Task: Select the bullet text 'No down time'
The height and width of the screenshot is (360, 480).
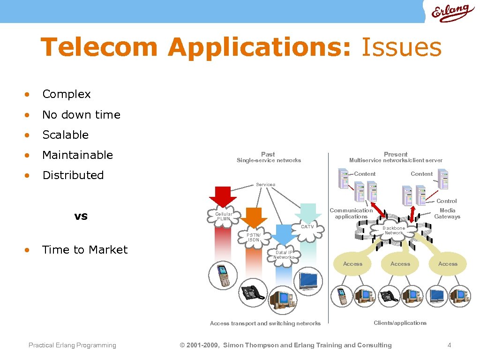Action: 81,115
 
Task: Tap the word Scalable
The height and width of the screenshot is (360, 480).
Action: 65,135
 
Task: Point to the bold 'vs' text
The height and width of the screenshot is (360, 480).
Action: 81,216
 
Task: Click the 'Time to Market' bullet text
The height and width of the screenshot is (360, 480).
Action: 85,250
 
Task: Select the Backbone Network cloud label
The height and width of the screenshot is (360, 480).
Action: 394,231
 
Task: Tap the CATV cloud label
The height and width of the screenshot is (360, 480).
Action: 307,227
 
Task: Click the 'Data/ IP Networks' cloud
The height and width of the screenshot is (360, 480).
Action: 284,255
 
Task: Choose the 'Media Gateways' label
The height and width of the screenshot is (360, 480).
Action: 447,214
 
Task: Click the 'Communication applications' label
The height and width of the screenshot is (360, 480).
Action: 351,214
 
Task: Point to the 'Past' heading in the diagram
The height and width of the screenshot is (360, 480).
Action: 268,154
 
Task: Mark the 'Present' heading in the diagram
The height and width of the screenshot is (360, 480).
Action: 396,154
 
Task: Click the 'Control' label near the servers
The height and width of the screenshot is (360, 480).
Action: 447,201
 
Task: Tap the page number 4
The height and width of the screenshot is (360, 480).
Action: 450,345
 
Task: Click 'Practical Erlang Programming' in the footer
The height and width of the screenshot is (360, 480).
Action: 72,345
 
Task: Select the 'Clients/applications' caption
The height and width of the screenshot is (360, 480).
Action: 400,323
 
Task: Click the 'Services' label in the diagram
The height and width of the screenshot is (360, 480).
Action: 265,185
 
